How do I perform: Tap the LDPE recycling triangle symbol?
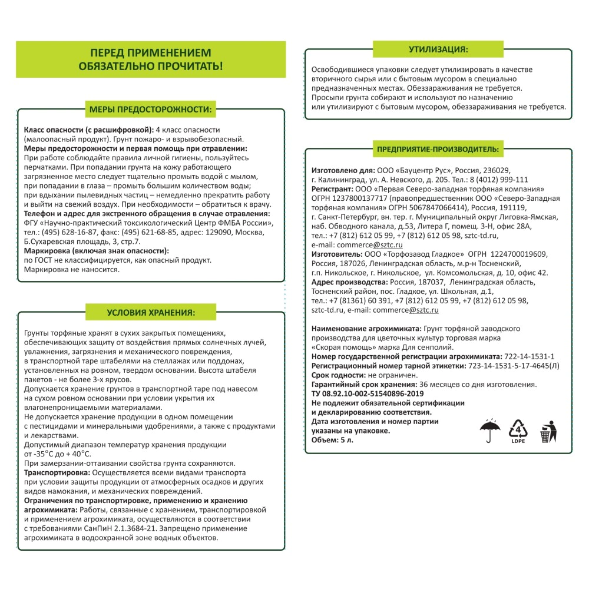[x=518, y=431]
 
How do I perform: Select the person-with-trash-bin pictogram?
[x=547, y=431]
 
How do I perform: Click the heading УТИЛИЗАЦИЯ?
[x=438, y=49]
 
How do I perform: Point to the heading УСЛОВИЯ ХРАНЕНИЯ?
[x=151, y=312]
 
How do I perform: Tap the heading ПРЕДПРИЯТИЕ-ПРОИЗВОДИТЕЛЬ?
[x=438, y=150]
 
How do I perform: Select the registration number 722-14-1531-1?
[x=529, y=356]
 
